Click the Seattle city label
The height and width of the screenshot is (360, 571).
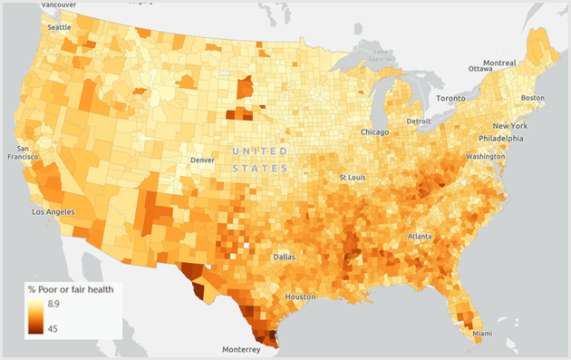pos(59,27)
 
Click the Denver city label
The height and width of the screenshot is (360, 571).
pos(202,161)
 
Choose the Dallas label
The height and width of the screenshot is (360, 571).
pos(284,257)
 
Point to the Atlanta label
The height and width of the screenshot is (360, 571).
pos(420,236)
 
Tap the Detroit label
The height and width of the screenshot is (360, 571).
pos(419,121)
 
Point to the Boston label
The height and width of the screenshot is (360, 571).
pos(532,98)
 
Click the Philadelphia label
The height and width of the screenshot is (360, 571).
pos(501,139)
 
